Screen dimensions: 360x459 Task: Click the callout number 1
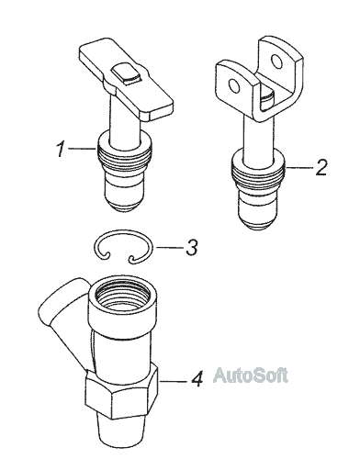(x=62, y=149)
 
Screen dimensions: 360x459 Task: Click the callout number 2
(x=321, y=167)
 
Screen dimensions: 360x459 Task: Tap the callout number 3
(x=192, y=247)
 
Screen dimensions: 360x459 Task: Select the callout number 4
(x=197, y=378)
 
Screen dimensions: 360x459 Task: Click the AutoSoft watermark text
(x=251, y=375)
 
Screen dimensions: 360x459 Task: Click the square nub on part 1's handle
(x=127, y=74)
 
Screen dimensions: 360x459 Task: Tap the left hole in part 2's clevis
(x=234, y=86)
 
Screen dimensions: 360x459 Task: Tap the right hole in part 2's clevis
(x=277, y=61)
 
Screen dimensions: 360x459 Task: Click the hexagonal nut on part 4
(x=122, y=393)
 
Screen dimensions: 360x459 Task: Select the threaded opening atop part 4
(x=123, y=296)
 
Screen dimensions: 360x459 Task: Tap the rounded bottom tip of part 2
(x=258, y=223)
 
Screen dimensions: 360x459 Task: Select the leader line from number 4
(x=174, y=381)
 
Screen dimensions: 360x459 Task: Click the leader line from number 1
(x=83, y=149)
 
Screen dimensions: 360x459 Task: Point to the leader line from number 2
(x=299, y=168)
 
